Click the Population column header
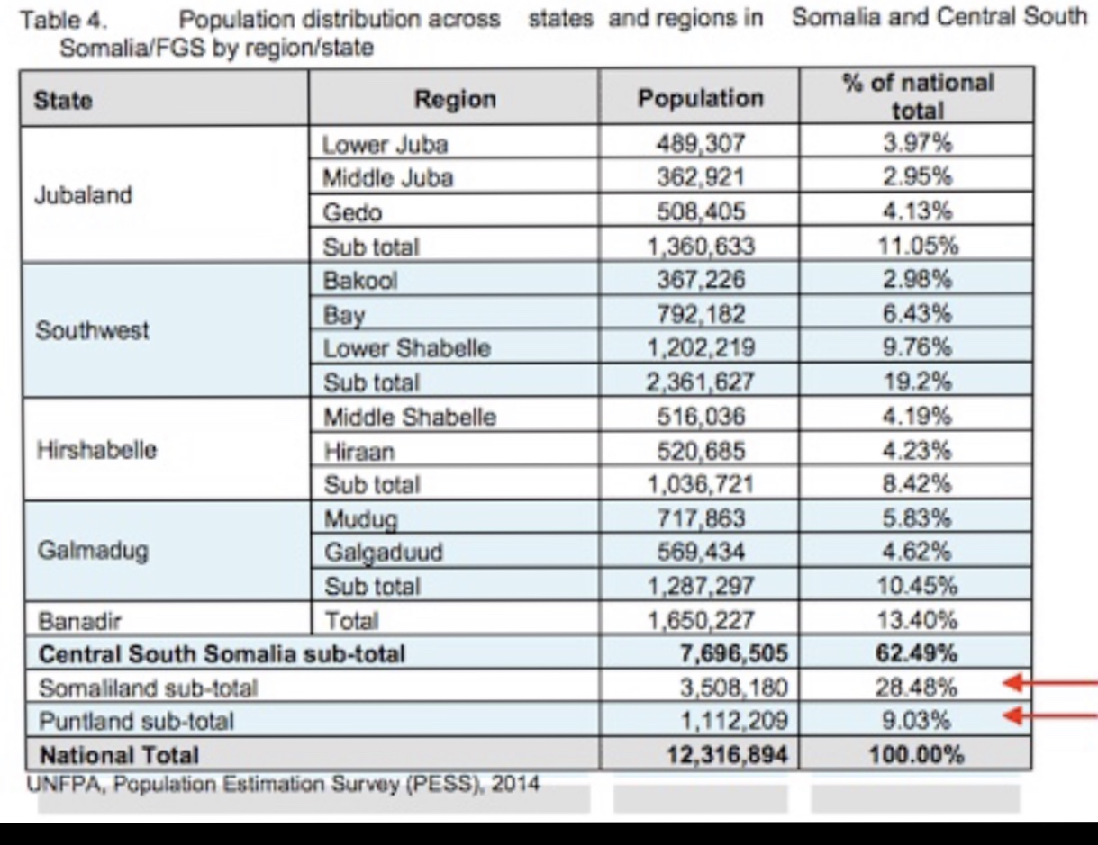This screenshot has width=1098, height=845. tap(700, 98)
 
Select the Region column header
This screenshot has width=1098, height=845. tap(454, 99)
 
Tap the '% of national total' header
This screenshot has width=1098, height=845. tap(918, 96)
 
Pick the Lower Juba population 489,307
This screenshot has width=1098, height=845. tap(700, 144)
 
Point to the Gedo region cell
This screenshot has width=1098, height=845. tap(352, 213)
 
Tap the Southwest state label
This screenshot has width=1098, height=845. tap(92, 331)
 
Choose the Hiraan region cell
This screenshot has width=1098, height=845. tap(358, 452)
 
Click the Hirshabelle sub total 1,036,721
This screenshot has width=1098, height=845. tap(700, 485)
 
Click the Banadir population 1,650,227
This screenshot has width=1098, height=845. tap(700, 621)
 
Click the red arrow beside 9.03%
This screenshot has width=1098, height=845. tap(1051, 716)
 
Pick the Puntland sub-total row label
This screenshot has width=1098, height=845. tap(136, 721)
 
